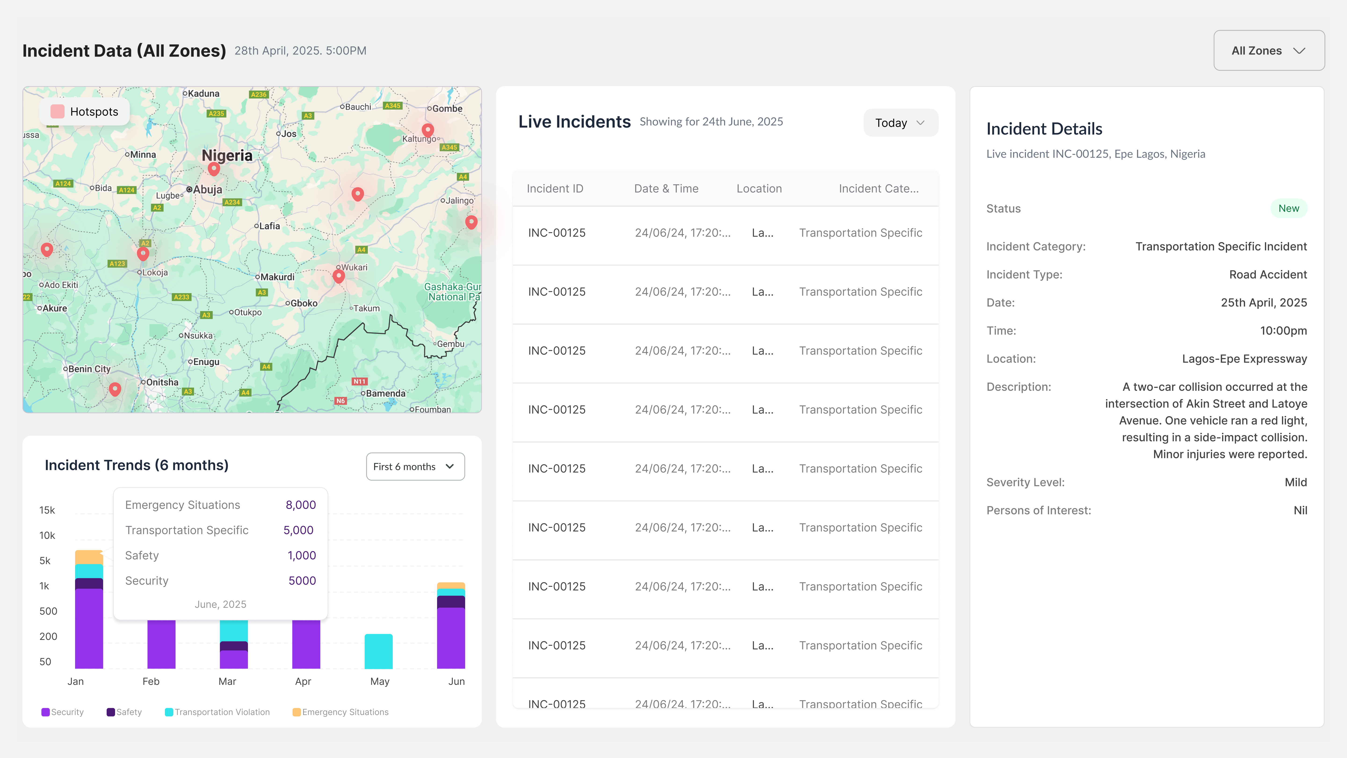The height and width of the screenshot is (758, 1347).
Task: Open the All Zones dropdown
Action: coord(1269,51)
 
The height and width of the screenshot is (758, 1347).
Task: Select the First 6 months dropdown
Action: coord(415,467)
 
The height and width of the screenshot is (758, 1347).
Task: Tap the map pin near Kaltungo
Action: coord(428,130)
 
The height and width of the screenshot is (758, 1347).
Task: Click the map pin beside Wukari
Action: coord(339,276)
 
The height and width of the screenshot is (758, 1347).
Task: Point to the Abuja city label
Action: coord(208,189)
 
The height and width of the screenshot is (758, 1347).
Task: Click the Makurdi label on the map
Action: coord(277,277)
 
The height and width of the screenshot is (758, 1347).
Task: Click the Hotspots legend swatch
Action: coord(57,111)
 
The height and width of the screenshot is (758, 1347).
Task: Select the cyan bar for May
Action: coord(379,651)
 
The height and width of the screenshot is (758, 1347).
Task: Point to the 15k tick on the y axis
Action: coord(47,510)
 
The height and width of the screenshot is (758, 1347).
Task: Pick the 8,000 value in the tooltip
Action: coord(301,505)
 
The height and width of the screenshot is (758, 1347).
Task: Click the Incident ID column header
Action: coord(555,189)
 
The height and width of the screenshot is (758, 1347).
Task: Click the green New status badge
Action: coord(1289,208)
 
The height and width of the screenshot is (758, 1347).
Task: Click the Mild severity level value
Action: coord(1296,482)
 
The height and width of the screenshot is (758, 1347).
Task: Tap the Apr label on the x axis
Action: coord(303,681)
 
